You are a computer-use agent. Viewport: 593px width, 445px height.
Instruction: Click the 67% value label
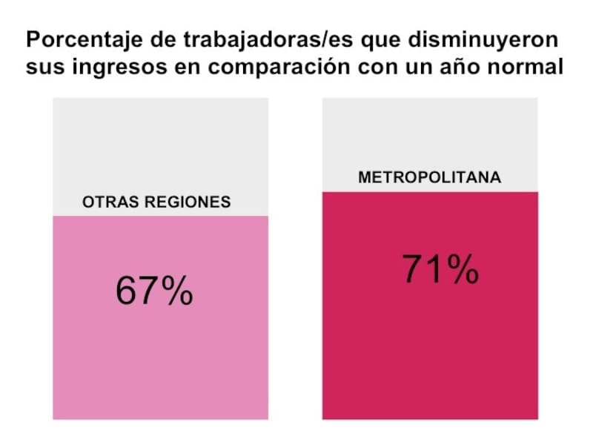click(x=154, y=291)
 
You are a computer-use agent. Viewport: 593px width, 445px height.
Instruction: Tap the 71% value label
click(x=440, y=269)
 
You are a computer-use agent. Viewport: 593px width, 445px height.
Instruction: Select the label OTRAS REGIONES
click(x=156, y=202)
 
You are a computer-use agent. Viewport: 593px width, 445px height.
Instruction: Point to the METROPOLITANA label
click(x=429, y=178)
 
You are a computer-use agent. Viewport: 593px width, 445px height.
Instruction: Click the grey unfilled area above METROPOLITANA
click(x=430, y=133)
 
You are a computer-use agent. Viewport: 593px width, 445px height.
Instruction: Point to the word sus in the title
click(x=42, y=67)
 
